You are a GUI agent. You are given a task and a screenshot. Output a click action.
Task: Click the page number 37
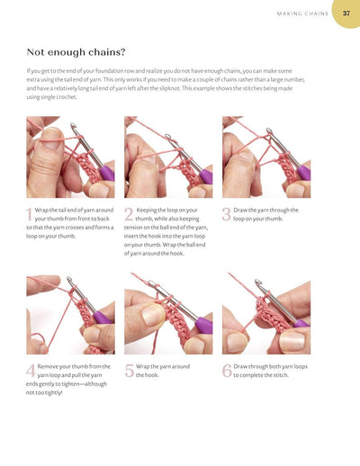tap(346, 13)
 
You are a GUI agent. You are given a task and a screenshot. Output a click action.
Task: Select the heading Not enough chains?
tap(76, 52)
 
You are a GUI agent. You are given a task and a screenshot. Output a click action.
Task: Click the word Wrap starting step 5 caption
tap(144, 367)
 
